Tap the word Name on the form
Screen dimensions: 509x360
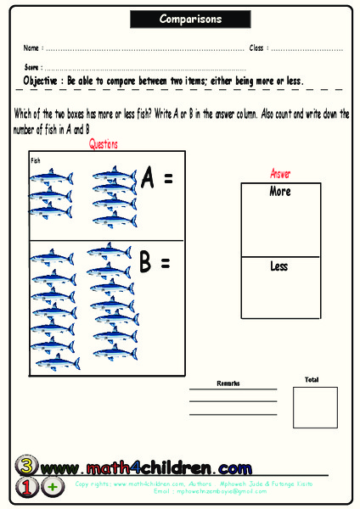pos(31,48)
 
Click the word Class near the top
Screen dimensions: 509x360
pos(256,48)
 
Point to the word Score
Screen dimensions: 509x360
pos(31,66)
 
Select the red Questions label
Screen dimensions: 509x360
pos(104,144)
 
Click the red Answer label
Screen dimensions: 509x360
pos(280,174)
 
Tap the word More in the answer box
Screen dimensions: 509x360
pos(280,192)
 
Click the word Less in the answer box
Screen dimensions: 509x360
pos(279,266)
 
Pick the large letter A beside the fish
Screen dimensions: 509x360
pos(149,179)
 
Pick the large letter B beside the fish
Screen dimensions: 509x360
pos(145,263)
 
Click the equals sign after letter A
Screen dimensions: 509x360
pos(168,180)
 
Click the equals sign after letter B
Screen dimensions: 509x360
pos(165,264)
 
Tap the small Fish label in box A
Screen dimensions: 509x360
pos(36,159)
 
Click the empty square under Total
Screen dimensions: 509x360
pos(315,407)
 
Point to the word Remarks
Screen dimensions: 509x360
pos(228,383)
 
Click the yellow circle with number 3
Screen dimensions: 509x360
pos(27,465)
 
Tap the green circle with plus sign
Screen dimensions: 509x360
pos(53,487)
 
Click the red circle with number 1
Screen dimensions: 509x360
pos(26,487)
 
